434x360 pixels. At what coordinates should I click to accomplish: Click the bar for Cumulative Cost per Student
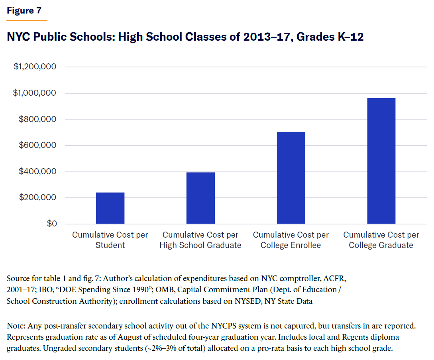pyautogui.click(x=110, y=208)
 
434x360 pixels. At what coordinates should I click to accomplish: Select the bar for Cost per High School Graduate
pyautogui.click(x=200, y=198)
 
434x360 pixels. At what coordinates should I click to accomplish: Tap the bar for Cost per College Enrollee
pyautogui.click(x=291, y=178)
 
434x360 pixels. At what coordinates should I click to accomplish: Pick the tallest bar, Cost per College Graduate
pyautogui.click(x=381, y=161)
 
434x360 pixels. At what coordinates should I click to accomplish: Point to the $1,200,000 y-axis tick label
pyautogui.click(x=35, y=67)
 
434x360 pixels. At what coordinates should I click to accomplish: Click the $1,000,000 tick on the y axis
pyautogui.click(x=35, y=93)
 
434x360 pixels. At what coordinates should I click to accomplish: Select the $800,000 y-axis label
pyautogui.click(x=38, y=119)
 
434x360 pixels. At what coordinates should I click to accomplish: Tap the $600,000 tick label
pyautogui.click(x=38, y=146)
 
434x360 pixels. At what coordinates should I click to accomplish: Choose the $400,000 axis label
pyautogui.click(x=38, y=172)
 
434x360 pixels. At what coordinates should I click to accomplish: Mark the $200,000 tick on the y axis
pyautogui.click(x=38, y=198)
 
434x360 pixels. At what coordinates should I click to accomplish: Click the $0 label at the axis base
pyautogui.click(x=50, y=224)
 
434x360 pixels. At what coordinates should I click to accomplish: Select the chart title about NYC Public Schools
pyautogui.click(x=185, y=37)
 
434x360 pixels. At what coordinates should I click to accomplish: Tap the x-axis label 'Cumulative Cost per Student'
pyautogui.click(x=110, y=240)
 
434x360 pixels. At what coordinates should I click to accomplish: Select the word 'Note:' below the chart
pyautogui.click(x=16, y=326)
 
